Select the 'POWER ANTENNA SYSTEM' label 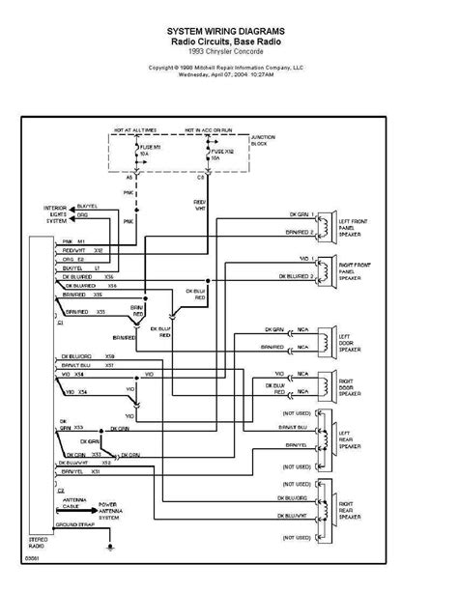(114, 510)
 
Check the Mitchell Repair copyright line (228, 68)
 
